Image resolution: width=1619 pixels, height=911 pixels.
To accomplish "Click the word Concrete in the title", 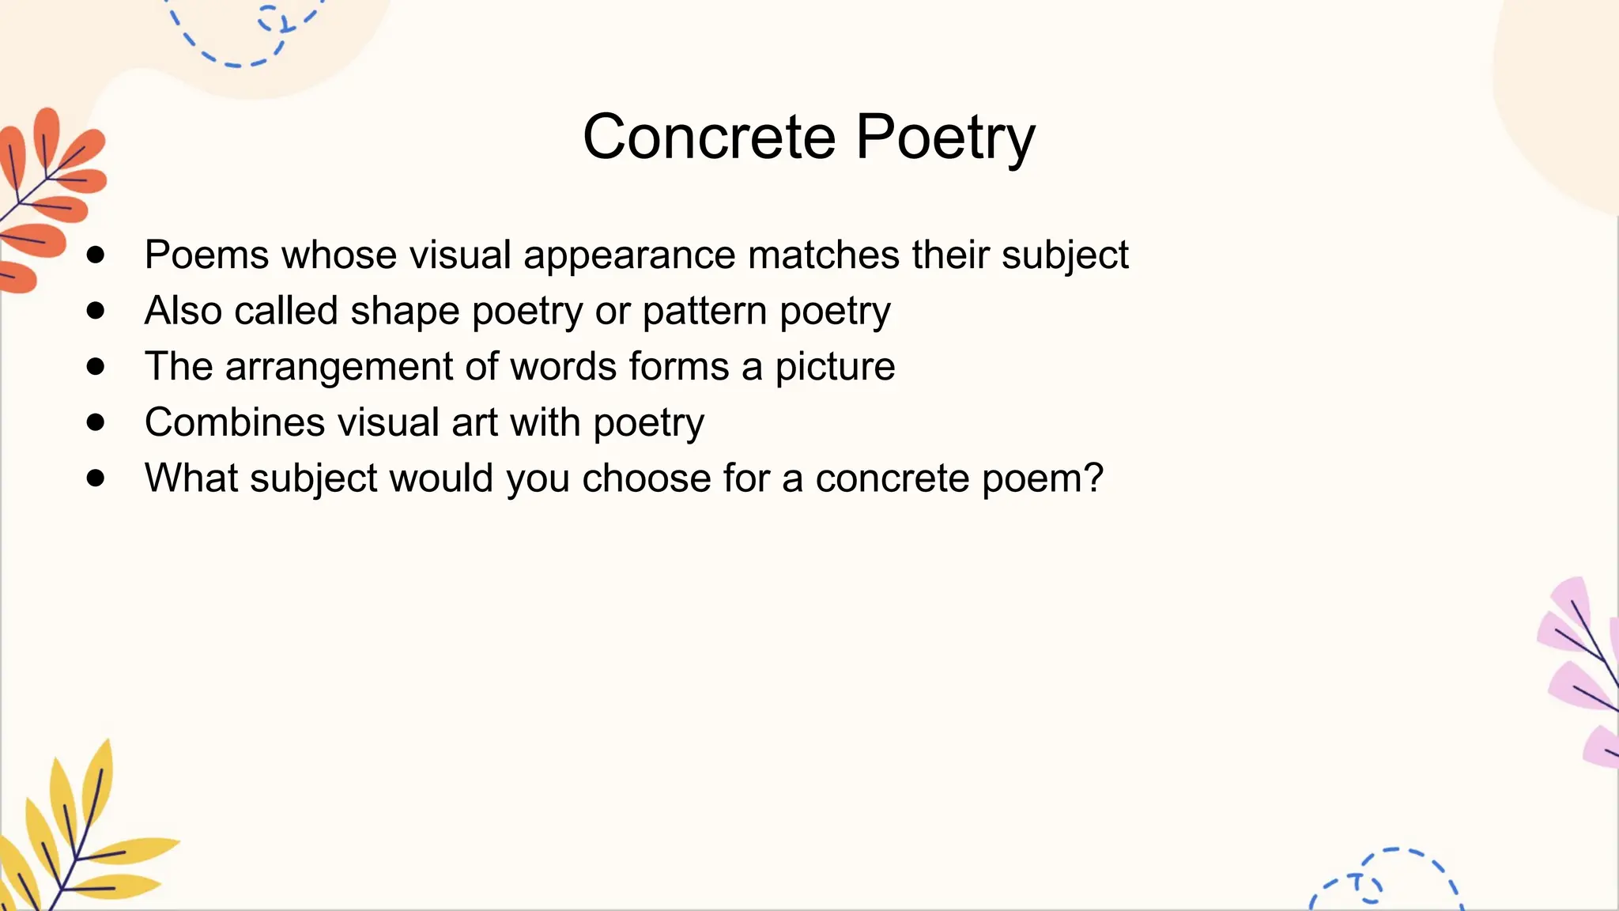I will pyautogui.click(x=708, y=137).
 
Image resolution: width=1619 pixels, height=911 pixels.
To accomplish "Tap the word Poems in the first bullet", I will pyautogui.click(x=207, y=255).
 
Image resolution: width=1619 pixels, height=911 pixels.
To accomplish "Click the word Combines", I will pyautogui.click(x=234, y=421).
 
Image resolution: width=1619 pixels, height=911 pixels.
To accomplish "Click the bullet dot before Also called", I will pyautogui.click(x=96, y=311).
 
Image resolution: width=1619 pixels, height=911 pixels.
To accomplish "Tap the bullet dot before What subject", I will pyautogui.click(x=96, y=478).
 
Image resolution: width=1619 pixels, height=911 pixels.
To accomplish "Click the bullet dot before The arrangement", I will pyautogui.click(x=96, y=366).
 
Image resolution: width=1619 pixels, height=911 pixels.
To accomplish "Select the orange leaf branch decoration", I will pyautogui.click(x=47, y=198).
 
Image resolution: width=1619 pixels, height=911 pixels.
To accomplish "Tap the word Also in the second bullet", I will pyautogui.click(x=183, y=310).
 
